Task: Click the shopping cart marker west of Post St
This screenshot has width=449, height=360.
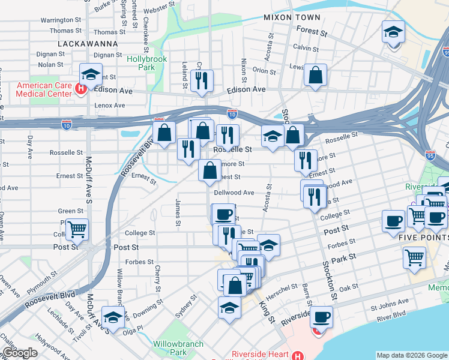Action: coord(77,229)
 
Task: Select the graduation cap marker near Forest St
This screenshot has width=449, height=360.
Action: coord(394,31)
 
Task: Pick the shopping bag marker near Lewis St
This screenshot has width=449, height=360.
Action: coord(315,75)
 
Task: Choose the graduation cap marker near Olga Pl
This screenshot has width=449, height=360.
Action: coord(113,317)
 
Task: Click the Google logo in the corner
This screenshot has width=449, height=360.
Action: coord(20,353)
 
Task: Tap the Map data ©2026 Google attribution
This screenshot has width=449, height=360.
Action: coord(411,355)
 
